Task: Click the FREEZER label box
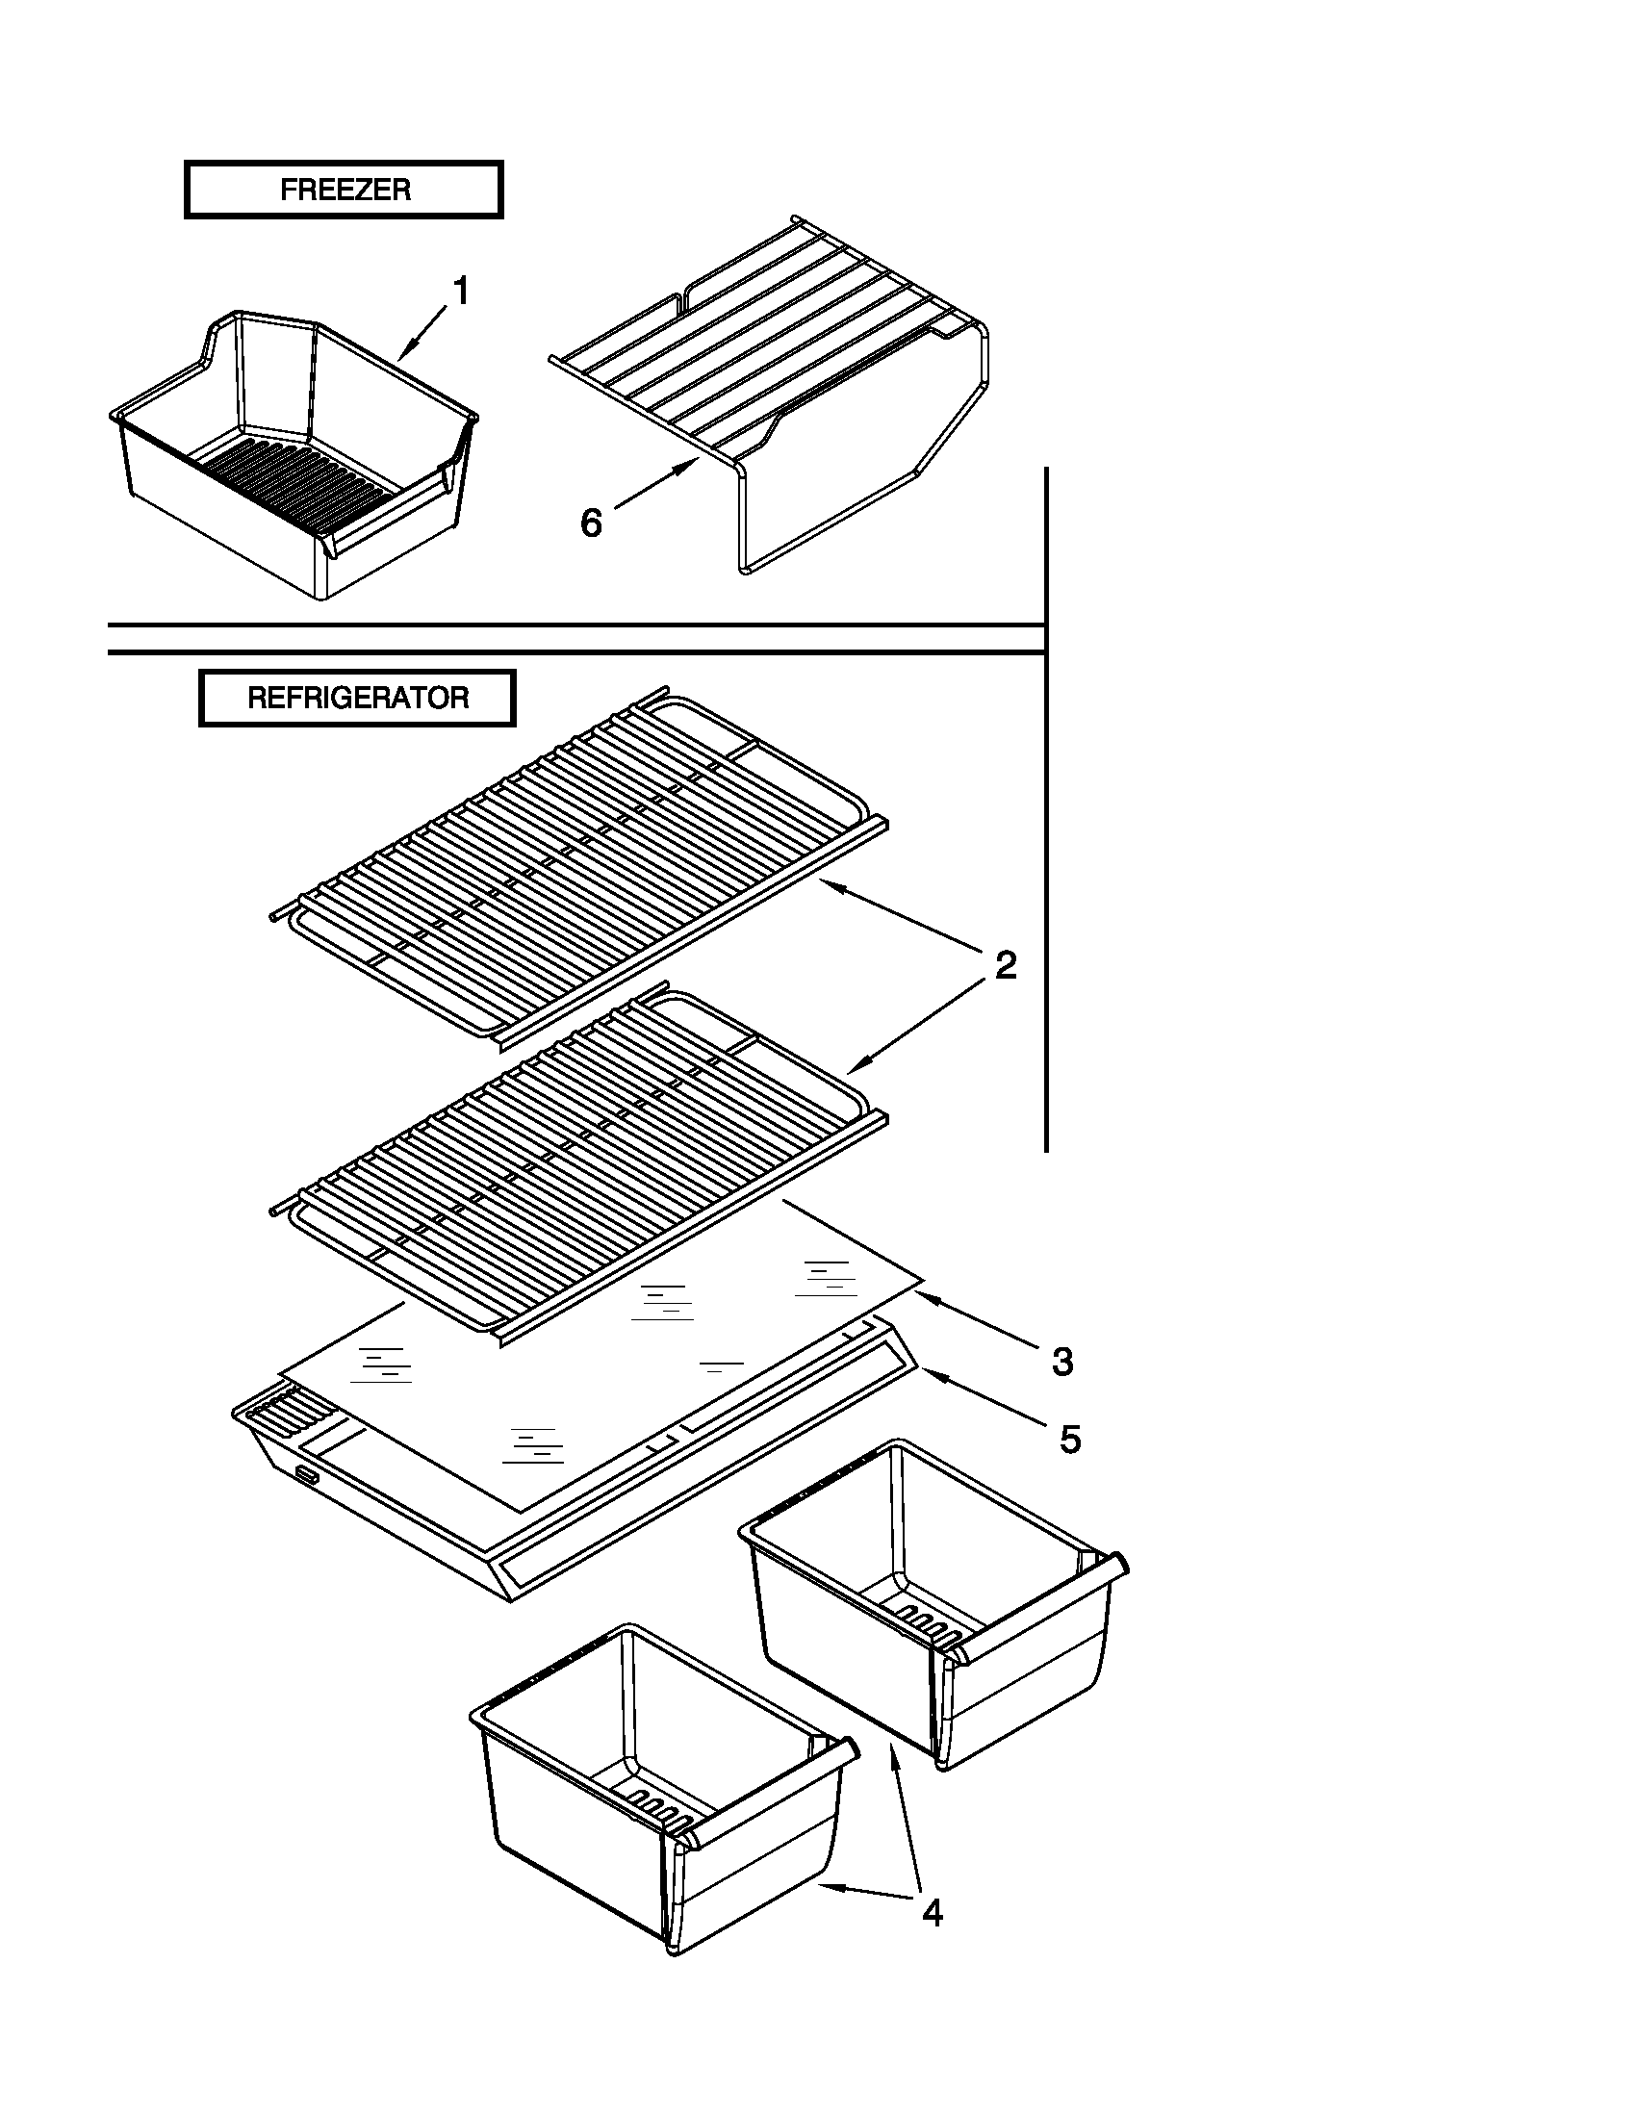click(x=344, y=190)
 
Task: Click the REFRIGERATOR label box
click(x=357, y=698)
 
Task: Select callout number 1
click(x=461, y=291)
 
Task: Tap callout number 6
click(x=590, y=523)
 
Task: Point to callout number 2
click(x=1006, y=965)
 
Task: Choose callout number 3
click(x=1062, y=1362)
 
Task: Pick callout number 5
click(x=1069, y=1440)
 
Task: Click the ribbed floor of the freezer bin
click(x=300, y=475)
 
